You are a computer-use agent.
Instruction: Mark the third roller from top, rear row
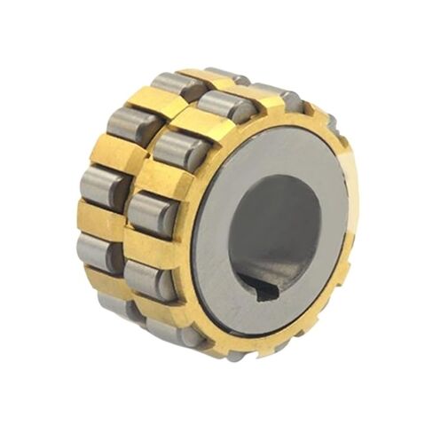tap(105, 185)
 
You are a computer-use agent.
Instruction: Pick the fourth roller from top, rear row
tap(98, 249)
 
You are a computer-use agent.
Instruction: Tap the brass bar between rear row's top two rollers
tap(153, 101)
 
